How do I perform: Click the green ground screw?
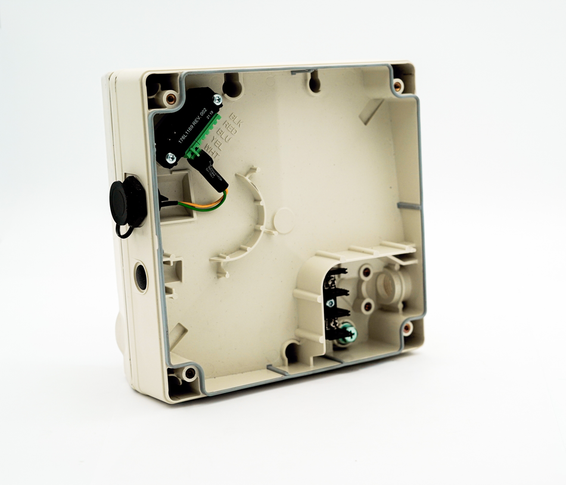pos(349,334)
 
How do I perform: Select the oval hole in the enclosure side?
pos(141,277)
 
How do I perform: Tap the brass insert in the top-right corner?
pos(398,86)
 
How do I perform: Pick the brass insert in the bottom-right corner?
pos(407,327)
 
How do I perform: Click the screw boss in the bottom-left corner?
pos(189,373)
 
